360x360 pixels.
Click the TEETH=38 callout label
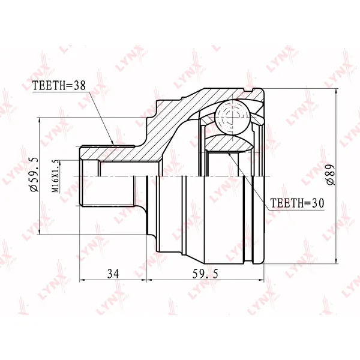(x=59, y=86)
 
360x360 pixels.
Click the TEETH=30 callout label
(x=297, y=203)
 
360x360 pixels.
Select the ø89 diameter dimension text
(x=331, y=175)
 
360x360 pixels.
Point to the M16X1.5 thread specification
(x=55, y=176)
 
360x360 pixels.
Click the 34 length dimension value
(x=113, y=274)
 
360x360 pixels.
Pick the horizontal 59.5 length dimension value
(x=205, y=274)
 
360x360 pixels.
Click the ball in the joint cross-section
(x=232, y=117)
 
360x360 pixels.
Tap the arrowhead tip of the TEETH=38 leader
(x=113, y=145)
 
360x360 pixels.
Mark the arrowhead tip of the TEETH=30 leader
(x=227, y=152)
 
